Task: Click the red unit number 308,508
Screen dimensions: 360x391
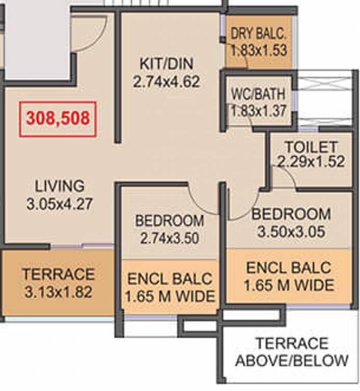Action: (58, 118)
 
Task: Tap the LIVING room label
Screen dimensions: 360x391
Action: (60, 186)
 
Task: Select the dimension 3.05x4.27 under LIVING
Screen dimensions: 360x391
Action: (60, 204)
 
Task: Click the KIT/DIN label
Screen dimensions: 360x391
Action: (167, 64)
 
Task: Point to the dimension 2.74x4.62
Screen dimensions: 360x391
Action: (167, 81)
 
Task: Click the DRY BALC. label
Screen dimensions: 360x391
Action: (259, 34)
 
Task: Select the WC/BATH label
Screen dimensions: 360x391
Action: (258, 94)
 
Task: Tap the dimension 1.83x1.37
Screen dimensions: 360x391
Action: (258, 110)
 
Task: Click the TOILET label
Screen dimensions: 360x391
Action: (311, 147)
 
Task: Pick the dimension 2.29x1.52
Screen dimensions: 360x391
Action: (311, 161)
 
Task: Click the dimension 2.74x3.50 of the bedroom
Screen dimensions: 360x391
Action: (170, 238)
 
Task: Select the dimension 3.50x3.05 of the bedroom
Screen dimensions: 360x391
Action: (291, 232)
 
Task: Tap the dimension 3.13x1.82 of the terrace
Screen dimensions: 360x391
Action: (59, 292)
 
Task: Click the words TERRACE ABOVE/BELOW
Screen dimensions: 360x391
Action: (292, 352)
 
